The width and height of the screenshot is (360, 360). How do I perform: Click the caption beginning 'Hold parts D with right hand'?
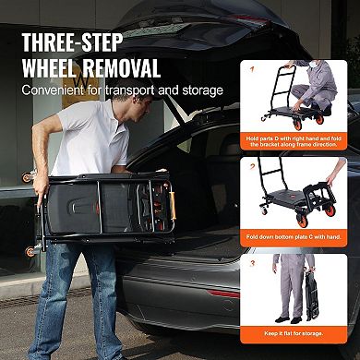pyautogui.click(x=300, y=140)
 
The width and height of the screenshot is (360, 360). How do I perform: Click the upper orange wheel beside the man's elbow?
pyautogui.click(x=29, y=176)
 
